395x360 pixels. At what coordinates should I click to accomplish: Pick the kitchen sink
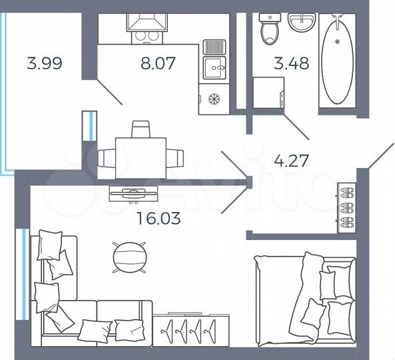[x=214, y=65]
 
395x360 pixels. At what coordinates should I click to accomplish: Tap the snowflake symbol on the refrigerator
[x=214, y=99]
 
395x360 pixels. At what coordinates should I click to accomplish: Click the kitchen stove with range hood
[x=146, y=27]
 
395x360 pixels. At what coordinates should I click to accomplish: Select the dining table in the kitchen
[x=141, y=158]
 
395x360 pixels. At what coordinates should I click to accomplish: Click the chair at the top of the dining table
[x=141, y=129]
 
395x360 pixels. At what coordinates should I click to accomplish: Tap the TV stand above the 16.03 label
[x=134, y=194]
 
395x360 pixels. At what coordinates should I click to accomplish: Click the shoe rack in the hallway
[x=348, y=207]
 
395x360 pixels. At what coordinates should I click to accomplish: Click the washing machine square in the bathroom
[x=268, y=93]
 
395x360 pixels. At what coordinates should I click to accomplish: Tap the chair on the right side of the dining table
[x=176, y=158]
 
